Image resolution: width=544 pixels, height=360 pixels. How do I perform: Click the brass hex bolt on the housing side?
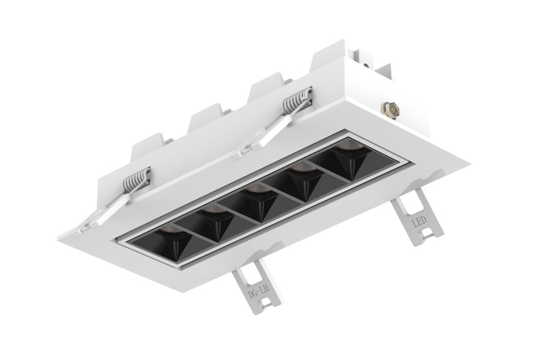click(390, 110)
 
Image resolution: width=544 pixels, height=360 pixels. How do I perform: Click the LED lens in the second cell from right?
click(301, 167)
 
